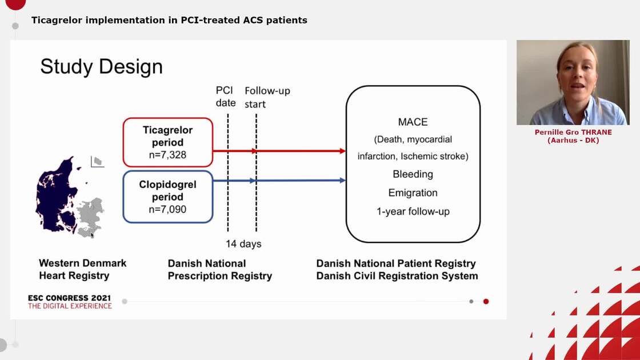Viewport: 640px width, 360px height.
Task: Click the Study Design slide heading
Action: click(101, 66)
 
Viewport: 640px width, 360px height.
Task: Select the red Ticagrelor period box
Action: click(167, 142)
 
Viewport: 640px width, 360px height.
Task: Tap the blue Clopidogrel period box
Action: click(167, 197)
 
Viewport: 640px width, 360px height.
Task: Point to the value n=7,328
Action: click(167, 155)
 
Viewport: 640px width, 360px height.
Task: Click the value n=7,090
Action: click(167, 209)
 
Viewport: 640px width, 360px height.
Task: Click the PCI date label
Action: click(226, 97)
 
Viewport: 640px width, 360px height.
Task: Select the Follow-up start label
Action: click(267, 97)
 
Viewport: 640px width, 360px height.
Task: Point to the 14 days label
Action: click(243, 244)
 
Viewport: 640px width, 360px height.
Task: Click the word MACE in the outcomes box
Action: click(413, 122)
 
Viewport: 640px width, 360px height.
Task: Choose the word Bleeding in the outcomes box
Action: click(413, 174)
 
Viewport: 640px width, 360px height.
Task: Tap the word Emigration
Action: click(413, 193)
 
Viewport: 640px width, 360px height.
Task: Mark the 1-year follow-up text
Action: click(413, 211)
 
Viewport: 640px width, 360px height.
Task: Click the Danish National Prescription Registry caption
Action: click(219, 270)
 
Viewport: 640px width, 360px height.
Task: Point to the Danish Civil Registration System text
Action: click(397, 276)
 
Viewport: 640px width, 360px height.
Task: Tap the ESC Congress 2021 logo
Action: click(70, 302)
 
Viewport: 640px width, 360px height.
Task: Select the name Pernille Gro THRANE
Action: click(573, 132)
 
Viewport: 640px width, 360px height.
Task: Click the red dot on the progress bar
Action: click(486, 301)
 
